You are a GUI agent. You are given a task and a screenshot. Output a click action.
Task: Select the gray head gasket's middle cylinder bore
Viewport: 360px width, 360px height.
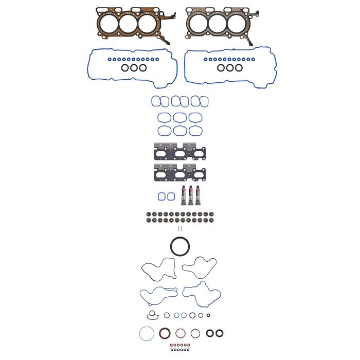tap(217, 22)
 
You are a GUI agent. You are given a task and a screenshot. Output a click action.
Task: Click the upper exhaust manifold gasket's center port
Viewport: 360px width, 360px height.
tap(179, 152)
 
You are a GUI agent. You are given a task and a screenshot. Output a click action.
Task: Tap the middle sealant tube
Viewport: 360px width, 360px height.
tap(190, 194)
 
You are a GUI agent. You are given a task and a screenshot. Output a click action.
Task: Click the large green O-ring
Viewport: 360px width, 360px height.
tap(147, 334)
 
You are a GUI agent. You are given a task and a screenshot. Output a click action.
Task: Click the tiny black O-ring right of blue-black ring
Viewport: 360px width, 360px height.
tap(201, 315)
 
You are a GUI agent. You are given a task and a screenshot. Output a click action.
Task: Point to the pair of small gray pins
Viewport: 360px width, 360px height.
tap(179, 228)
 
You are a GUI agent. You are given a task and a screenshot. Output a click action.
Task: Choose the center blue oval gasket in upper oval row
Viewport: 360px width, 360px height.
tap(179, 117)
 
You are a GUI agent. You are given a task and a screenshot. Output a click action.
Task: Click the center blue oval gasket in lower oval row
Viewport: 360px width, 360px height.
tap(179, 131)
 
